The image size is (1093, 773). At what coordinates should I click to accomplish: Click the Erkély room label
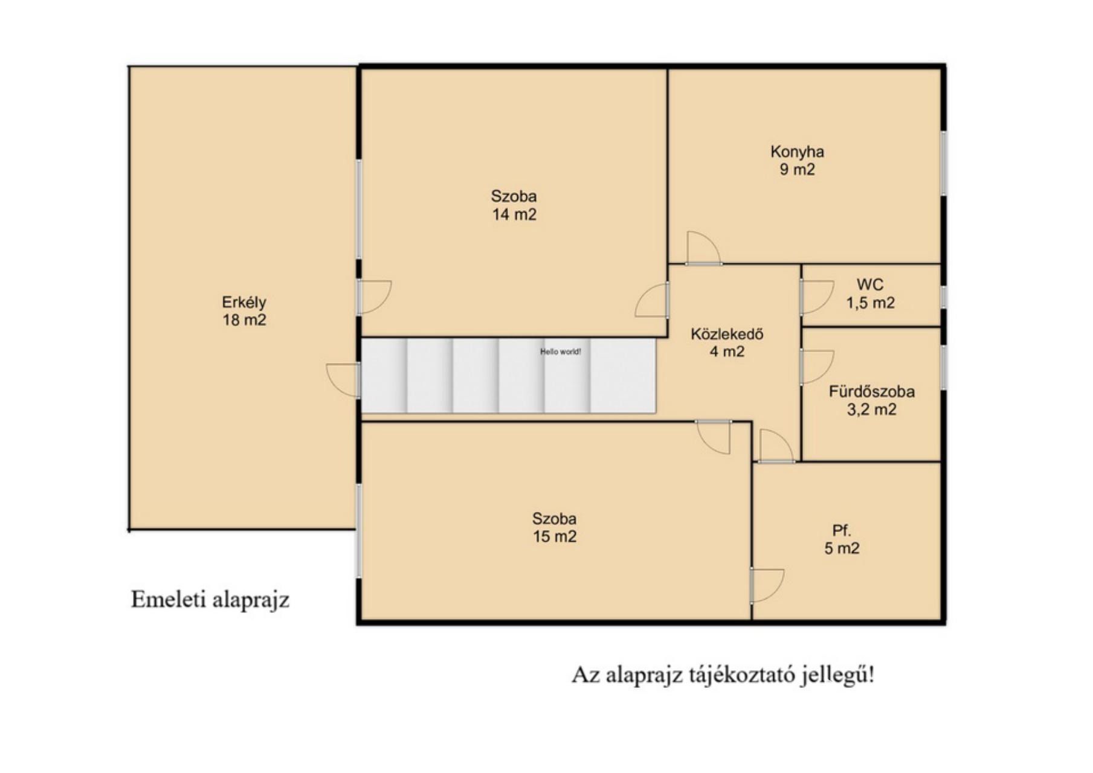pyautogui.click(x=244, y=302)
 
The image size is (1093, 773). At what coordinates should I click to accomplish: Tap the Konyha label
pyautogui.click(x=797, y=152)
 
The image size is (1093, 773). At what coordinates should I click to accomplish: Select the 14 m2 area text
pyautogui.click(x=514, y=214)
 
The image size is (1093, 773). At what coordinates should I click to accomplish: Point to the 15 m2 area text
pyautogui.click(x=555, y=536)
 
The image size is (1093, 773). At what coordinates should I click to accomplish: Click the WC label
pyautogui.click(x=870, y=284)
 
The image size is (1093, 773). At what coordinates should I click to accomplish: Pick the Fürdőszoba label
pyautogui.click(x=871, y=391)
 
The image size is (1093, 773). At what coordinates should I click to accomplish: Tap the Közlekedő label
pyautogui.click(x=727, y=334)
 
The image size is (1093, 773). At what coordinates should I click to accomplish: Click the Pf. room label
pyautogui.click(x=842, y=531)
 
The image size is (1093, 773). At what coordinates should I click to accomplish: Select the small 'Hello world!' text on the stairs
pyautogui.click(x=561, y=351)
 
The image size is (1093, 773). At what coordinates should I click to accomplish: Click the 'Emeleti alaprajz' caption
pyautogui.click(x=210, y=600)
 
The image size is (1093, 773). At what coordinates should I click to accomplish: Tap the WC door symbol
pyautogui.click(x=817, y=298)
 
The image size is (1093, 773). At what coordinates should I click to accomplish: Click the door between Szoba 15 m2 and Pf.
pyautogui.click(x=767, y=585)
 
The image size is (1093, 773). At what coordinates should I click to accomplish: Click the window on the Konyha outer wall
pyautogui.click(x=943, y=163)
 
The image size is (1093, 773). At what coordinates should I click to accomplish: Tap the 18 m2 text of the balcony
pyautogui.click(x=244, y=319)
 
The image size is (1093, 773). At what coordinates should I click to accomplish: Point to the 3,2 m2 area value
pyautogui.click(x=871, y=409)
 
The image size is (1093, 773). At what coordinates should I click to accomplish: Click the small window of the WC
pyautogui.click(x=943, y=298)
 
